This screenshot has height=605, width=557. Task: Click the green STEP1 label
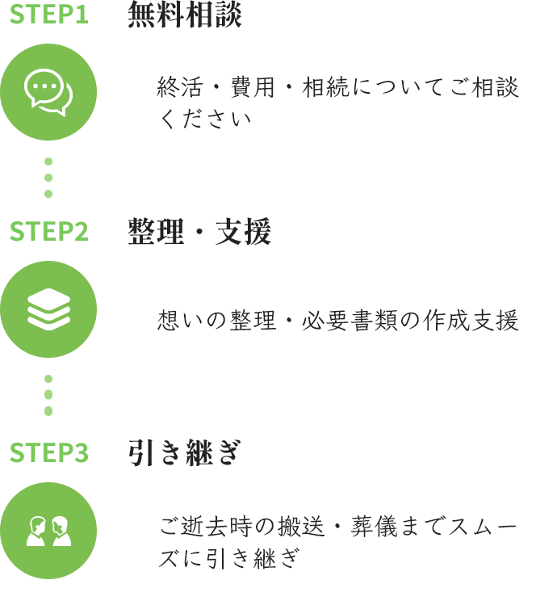(48, 15)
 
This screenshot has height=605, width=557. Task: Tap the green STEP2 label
(48, 232)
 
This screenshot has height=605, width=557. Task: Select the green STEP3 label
(48, 453)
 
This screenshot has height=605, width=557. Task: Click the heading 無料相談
(184, 15)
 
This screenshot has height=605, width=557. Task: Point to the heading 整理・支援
(199, 232)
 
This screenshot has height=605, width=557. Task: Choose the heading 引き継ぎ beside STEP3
(184, 453)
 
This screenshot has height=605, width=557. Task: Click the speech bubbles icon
(48, 92)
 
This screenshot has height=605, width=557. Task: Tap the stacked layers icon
(48, 309)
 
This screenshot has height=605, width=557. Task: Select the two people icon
(48, 530)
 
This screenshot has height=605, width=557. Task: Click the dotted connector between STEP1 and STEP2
(48, 177)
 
